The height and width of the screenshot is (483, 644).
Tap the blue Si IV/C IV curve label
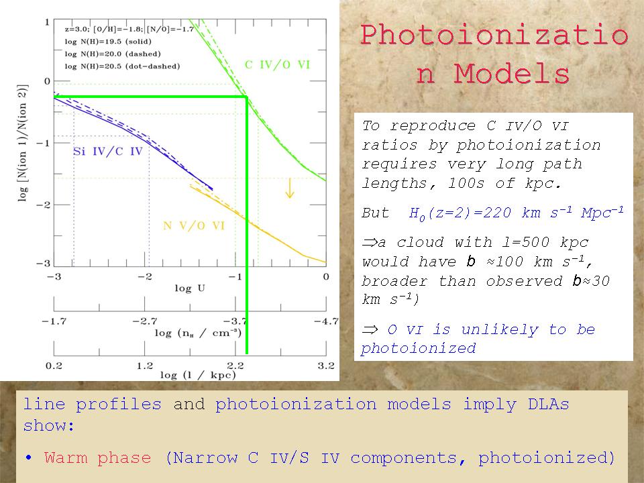pos(107,152)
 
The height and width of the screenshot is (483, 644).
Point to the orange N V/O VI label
pos(195,226)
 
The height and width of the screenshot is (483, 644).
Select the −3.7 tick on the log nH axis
pos(235,321)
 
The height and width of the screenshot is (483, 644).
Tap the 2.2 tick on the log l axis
pos(235,366)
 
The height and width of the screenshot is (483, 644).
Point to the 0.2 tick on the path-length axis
pos(54,366)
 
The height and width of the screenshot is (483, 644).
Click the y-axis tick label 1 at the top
pos(47,23)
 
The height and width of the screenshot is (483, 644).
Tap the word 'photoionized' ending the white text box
pos(418,348)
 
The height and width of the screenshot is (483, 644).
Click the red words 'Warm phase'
pos(97,458)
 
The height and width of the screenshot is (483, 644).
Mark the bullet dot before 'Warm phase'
pos(30,458)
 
